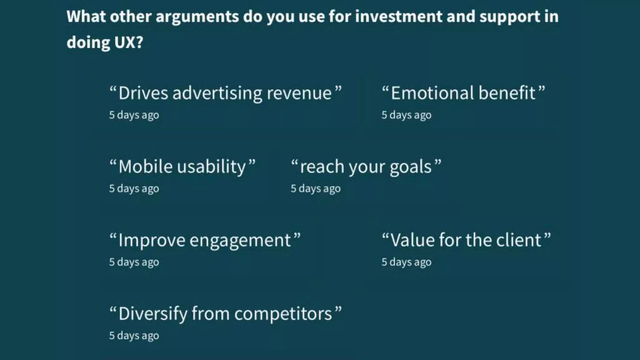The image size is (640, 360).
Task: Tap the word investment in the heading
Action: point(398,17)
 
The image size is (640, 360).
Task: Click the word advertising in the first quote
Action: point(217,93)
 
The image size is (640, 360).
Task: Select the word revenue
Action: point(299,93)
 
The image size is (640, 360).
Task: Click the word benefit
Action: point(507,93)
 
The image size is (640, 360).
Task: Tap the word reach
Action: point(322,167)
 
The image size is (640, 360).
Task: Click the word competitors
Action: point(283,314)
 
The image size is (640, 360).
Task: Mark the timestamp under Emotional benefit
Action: point(406,115)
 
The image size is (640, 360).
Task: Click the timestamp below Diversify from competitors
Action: point(134,336)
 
